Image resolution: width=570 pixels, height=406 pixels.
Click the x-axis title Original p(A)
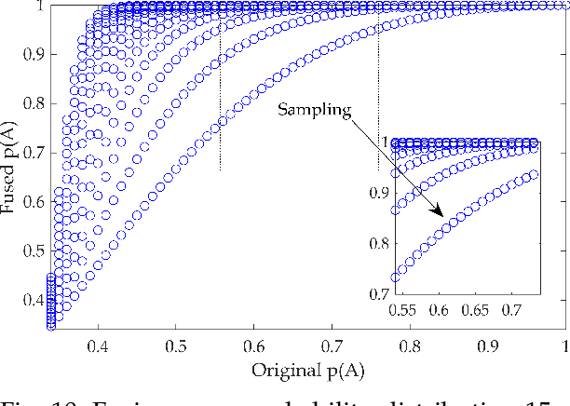(306, 369)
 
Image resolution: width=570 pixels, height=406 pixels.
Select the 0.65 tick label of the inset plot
(476, 306)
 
